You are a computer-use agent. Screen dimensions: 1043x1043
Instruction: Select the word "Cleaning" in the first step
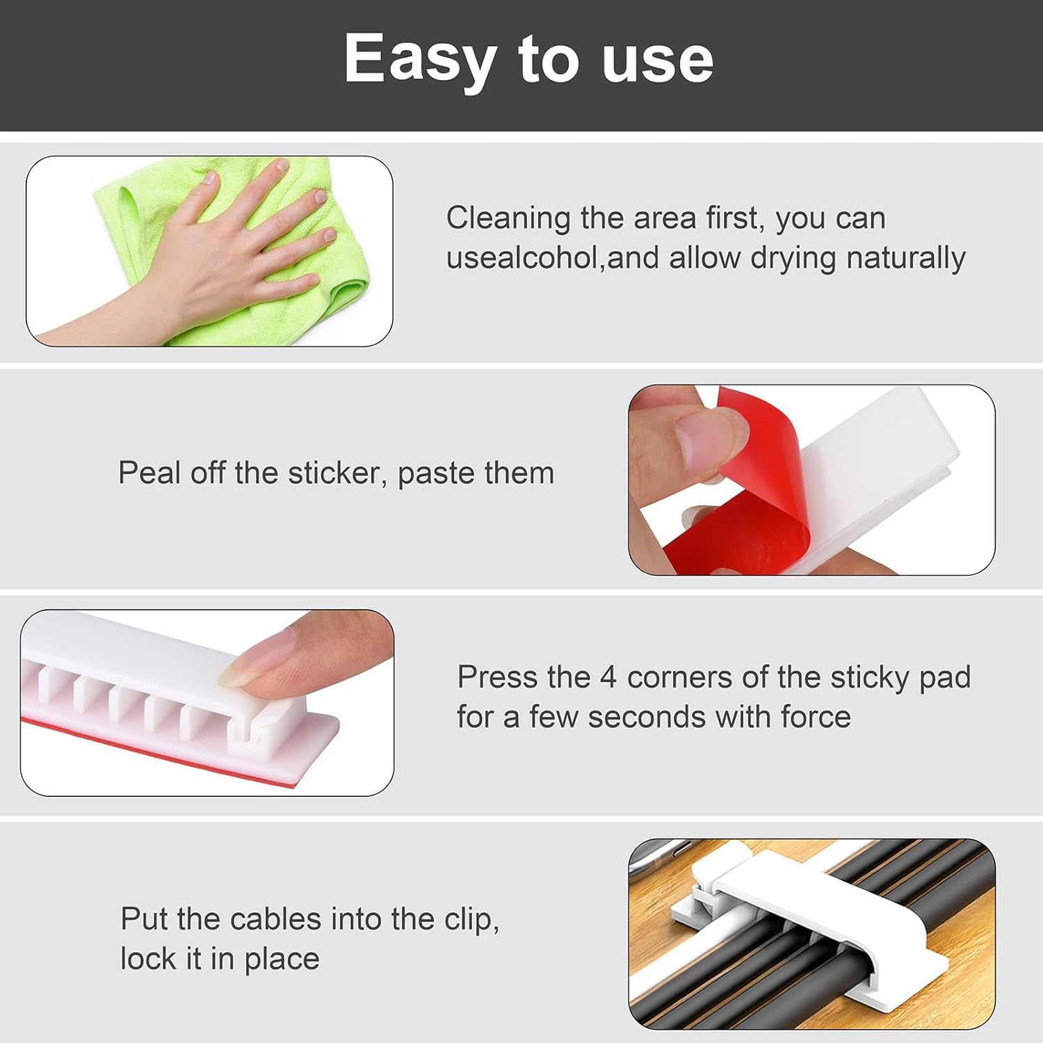pyautogui.click(x=508, y=218)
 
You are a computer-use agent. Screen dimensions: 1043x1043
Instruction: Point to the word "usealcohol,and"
pyautogui.click(x=552, y=258)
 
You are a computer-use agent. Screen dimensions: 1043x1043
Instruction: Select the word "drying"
pyautogui.click(x=793, y=259)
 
